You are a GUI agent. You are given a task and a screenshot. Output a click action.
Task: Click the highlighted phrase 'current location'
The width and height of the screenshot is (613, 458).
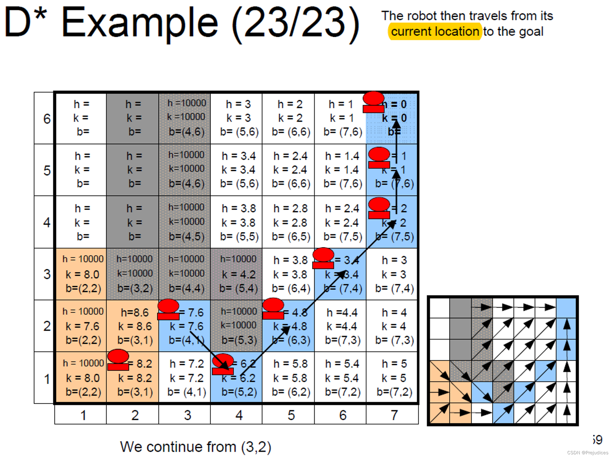click(435, 32)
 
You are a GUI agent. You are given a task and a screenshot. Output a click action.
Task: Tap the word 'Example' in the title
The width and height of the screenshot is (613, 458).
click(139, 23)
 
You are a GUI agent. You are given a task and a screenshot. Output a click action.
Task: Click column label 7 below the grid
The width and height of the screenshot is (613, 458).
click(394, 415)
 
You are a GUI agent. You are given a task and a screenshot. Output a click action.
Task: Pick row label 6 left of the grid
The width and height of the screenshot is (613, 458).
click(47, 118)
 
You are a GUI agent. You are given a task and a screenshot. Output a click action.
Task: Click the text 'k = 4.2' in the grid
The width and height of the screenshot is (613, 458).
click(239, 274)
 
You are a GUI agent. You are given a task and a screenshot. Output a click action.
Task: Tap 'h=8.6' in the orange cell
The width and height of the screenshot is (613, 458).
click(135, 312)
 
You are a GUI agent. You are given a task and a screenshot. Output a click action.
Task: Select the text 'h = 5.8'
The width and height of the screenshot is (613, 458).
click(290, 364)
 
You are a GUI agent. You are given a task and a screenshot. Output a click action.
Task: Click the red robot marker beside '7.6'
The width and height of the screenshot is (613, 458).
click(168, 309)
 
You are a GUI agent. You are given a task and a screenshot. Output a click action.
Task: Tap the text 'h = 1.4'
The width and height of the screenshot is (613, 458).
click(342, 156)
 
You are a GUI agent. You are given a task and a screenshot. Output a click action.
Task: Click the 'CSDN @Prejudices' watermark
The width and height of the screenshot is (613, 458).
click(587, 452)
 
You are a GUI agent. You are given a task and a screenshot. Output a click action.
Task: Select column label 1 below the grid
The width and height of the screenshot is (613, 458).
click(83, 415)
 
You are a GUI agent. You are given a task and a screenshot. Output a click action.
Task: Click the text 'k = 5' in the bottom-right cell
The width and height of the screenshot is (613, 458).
click(394, 378)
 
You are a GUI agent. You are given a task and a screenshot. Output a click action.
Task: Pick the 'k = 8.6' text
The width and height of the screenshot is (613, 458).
click(135, 326)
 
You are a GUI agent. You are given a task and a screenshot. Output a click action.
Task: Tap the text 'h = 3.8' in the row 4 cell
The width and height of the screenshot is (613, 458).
click(239, 208)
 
